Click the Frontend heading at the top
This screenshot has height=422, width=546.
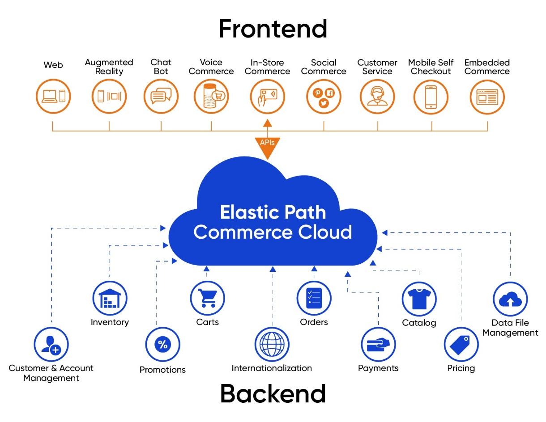point(273,29)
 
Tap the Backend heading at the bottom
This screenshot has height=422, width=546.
point(273,394)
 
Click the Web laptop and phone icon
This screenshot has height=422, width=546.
point(53,97)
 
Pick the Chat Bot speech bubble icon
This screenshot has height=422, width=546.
point(161,97)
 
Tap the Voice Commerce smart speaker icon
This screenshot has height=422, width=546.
point(211,97)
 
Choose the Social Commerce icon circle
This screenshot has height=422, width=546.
point(324,97)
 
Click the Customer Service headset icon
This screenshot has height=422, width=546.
point(377,97)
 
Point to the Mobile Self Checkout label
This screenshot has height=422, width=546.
point(431,67)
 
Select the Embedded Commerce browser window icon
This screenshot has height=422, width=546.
point(487,97)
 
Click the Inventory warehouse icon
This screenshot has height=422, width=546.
point(110,298)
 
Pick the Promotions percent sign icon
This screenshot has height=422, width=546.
point(162,344)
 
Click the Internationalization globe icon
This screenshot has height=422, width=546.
point(272,345)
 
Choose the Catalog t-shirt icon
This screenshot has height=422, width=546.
point(419,299)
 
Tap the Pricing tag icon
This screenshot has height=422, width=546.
point(461,345)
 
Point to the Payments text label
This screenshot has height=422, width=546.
point(378,368)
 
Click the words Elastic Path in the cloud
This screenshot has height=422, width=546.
point(273,212)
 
